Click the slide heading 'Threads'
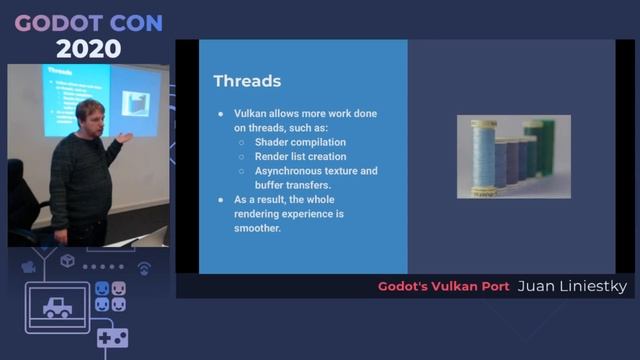coord(247,81)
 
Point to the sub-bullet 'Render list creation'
coord(299,156)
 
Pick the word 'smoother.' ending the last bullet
coord(256,228)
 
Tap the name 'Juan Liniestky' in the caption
coord(572,287)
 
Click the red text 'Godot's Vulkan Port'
coord(443,287)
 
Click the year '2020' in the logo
coord(88,48)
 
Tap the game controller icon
coord(111,338)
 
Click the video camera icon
coord(28,266)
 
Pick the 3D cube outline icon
coord(67,261)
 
